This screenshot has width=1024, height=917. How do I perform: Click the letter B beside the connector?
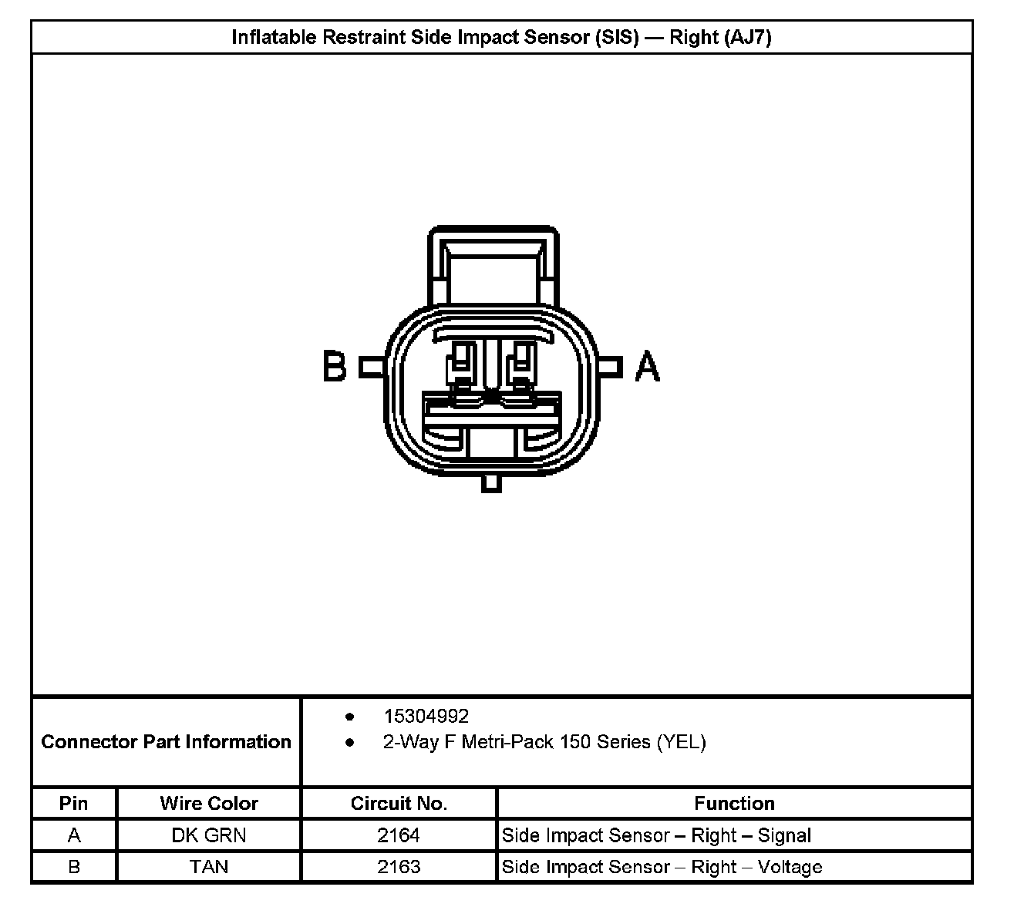pyautogui.click(x=335, y=366)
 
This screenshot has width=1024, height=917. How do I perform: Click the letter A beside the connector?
pyautogui.click(x=648, y=366)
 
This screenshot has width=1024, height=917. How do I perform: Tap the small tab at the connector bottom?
pyautogui.click(x=491, y=483)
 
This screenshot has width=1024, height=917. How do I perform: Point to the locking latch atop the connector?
pyautogui.click(x=493, y=266)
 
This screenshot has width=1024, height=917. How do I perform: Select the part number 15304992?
pyautogui.click(x=426, y=717)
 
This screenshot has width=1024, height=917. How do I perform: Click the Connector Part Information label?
pyautogui.click(x=166, y=742)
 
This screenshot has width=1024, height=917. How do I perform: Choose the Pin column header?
pyautogui.click(x=74, y=804)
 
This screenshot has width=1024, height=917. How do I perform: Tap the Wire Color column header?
pyautogui.click(x=209, y=804)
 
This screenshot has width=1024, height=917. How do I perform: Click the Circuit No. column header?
pyautogui.click(x=399, y=804)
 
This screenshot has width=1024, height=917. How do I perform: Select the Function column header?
pyautogui.click(x=734, y=804)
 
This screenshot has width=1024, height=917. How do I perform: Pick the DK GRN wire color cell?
pyautogui.click(x=209, y=835)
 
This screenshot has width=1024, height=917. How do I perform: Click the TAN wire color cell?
pyautogui.click(x=209, y=867)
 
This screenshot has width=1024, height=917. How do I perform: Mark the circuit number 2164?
pyautogui.click(x=399, y=835)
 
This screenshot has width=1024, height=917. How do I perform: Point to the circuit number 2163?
pyautogui.click(x=399, y=867)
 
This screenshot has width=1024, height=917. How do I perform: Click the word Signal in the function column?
pyautogui.click(x=784, y=835)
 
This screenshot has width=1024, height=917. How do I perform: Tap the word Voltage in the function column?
pyautogui.click(x=790, y=867)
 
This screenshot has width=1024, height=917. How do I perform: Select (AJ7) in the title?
pyautogui.click(x=747, y=37)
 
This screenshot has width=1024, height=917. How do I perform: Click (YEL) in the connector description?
pyautogui.click(x=681, y=742)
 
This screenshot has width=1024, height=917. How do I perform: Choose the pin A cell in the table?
pyautogui.click(x=74, y=835)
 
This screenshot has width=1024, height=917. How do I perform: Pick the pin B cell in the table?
pyautogui.click(x=74, y=867)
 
